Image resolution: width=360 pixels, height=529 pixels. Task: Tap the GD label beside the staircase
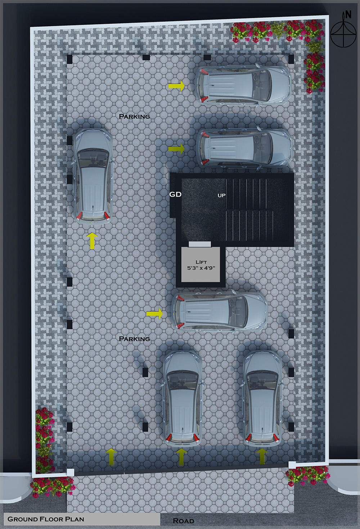tap(175, 194)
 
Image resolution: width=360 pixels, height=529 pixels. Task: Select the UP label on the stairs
tap(221, 195)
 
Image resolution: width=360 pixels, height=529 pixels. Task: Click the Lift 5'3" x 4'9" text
tap(201, 265)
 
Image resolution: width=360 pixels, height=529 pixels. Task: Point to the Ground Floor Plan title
tap(46, 519)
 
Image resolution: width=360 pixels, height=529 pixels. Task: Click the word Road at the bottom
tap(183, 521)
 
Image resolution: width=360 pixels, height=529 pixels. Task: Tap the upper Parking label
tap(134, 116)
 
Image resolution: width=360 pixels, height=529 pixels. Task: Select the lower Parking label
tap(134, 339)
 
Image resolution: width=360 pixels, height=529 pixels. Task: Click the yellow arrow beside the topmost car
tap(176, 86)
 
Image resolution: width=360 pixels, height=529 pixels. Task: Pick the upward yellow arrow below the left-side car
tap(92, 241)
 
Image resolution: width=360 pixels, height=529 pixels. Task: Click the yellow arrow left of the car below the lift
tap(154, 314)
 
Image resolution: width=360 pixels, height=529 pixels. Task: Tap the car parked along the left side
tap(93, 176)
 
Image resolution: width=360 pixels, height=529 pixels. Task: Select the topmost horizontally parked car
tap(243, 85)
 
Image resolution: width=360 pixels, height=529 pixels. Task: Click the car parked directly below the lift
tap(220, 311)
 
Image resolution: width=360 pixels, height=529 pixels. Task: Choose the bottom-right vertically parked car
tap(262, 398)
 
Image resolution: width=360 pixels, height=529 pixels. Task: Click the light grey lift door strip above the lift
tap(200, 244)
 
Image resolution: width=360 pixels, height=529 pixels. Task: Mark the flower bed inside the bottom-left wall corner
tap(44, 439)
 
